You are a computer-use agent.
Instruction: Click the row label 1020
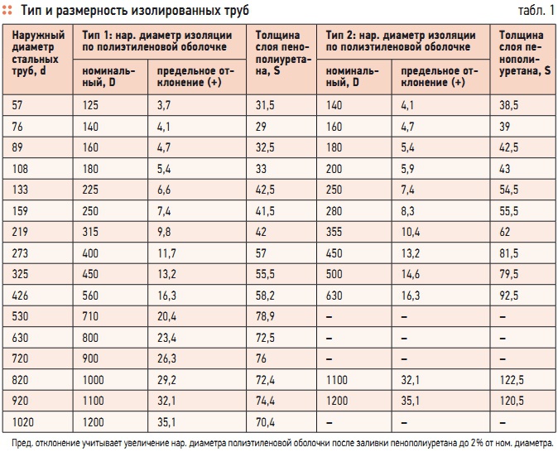click(x=26, y=421)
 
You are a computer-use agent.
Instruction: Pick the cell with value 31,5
click(x=264, y=104)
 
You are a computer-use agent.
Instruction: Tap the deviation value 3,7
click(x=165, y=104)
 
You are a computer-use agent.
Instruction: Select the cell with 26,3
click(x=167, y=357)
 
